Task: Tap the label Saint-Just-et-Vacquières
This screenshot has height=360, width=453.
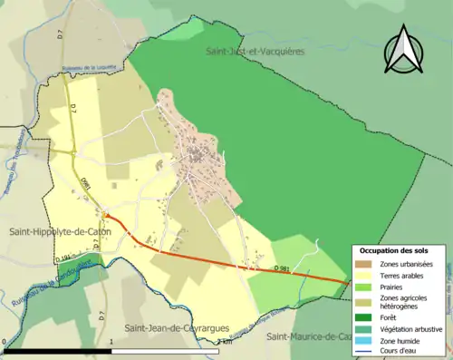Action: point(255,52)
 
